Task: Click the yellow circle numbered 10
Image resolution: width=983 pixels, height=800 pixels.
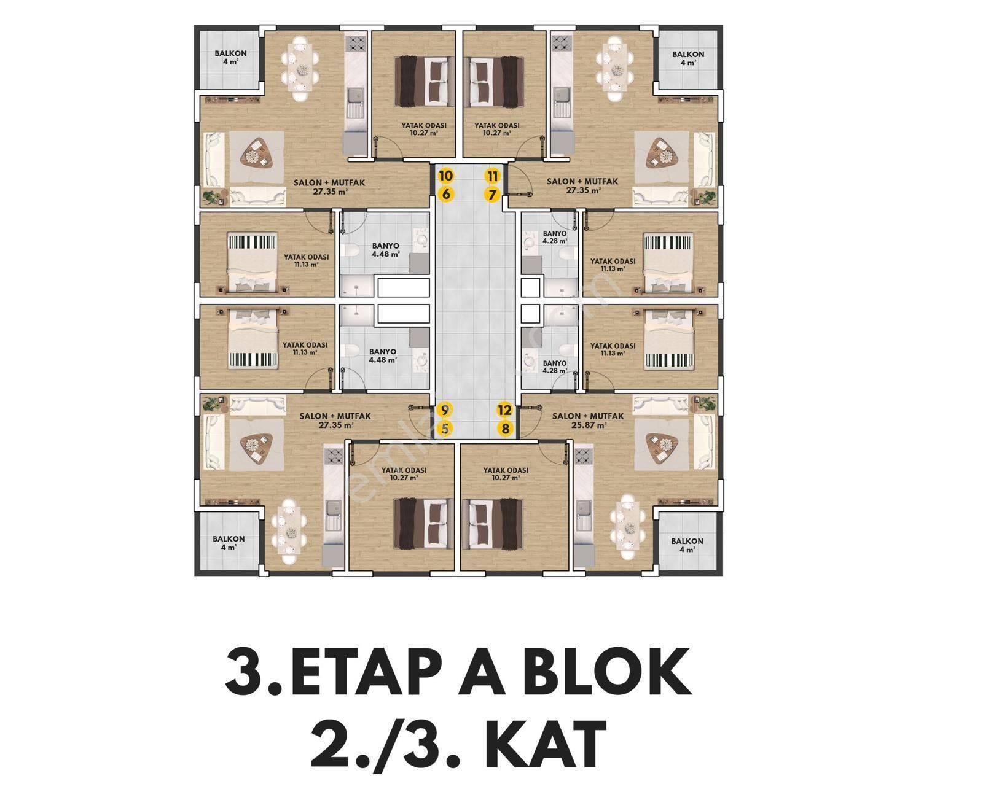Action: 445,176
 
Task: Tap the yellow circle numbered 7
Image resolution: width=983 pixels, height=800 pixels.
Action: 493,195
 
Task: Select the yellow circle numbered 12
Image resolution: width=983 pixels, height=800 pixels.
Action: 505,410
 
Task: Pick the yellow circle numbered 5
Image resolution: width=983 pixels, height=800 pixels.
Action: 445,429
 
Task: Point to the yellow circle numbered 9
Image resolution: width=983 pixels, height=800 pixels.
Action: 445,410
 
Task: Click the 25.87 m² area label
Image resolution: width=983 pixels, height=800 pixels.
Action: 589,425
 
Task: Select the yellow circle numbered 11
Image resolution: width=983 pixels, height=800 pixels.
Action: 493,176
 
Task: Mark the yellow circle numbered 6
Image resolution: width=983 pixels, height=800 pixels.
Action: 445,195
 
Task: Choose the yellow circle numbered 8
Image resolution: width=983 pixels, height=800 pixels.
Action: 505,429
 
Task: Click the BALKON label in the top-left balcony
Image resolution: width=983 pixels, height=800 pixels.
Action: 230,53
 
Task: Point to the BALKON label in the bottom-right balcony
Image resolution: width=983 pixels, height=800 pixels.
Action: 687,542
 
